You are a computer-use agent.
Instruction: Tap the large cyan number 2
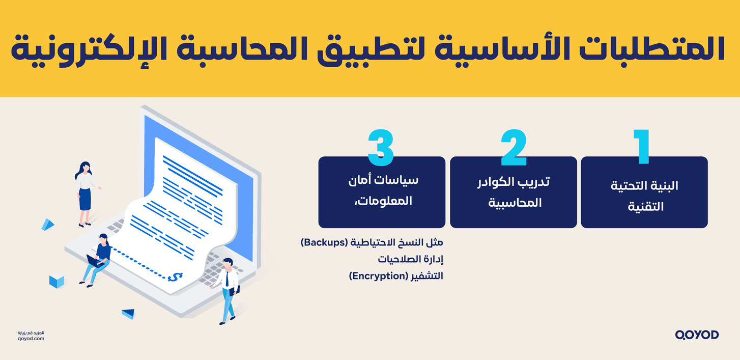(x=514, y=148)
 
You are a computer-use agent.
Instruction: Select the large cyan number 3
(x=381, y=148)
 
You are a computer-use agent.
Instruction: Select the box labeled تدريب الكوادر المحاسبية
(x=513, y=192)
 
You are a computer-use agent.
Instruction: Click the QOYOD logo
(x=697, y=335)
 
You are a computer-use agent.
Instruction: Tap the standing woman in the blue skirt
(x=84, y=193)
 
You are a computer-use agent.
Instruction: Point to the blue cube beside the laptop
(x=56, y=281)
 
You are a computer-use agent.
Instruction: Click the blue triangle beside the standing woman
(x=48, y=224)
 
